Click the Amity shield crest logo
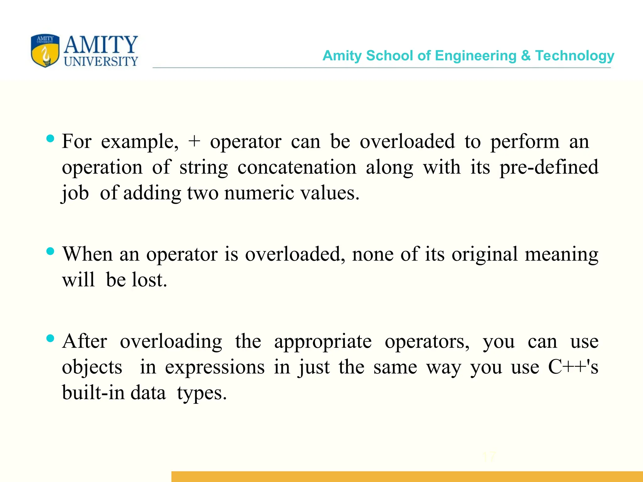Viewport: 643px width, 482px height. tap(45, 51)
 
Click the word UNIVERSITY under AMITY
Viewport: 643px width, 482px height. tap(101, 62)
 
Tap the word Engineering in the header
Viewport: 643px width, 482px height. tap(476, 56)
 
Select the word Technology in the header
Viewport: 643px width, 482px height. tap(575, 56)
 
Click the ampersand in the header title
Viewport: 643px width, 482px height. tap(526, 56)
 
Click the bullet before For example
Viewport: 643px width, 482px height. tap(50, 138)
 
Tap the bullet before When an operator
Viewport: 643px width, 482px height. tap(50, 251)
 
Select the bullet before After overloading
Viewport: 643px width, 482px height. tap(50, 338)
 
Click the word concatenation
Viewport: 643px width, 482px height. tap(297, 167)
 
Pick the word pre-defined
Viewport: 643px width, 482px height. tap(549, 167)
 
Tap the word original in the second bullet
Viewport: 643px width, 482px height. tap(484, 254)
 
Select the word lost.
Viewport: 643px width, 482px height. tap(149, 280)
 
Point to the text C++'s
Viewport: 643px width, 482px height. tap(573, 367)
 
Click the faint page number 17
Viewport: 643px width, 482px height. tap(489, 457)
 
